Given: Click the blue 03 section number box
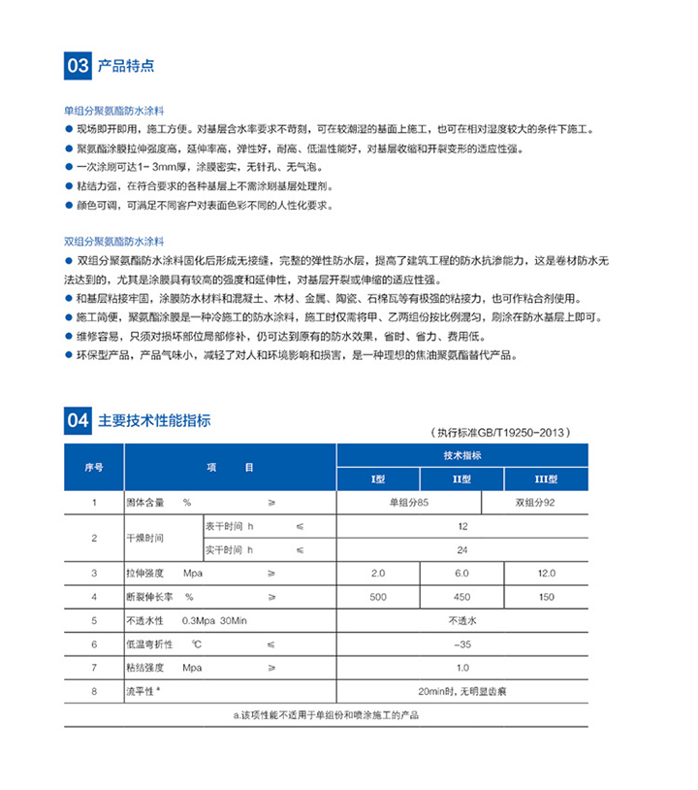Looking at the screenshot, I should tap(79, 66).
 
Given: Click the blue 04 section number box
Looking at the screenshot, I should tap(79, 421).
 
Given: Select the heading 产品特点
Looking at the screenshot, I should tap(126, 66).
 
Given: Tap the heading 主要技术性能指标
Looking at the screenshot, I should tap(154, 421).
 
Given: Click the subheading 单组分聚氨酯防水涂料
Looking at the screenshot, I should tap(114, 112).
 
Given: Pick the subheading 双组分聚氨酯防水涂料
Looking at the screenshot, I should tap(114, 239).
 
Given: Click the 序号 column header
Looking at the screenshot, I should tap(94, 467).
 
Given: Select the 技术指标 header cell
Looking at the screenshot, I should tap(461, 455).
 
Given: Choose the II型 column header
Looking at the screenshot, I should tap(461, 478).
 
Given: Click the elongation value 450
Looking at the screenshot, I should tap(461, 596).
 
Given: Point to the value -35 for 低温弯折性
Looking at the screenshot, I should tap(461, 643).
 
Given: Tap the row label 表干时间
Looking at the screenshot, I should tap(225, 526).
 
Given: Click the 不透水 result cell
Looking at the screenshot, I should tap(461, 619).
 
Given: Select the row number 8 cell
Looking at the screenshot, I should tap(94, 691).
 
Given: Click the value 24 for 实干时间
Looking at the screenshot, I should tap(461, 549).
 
